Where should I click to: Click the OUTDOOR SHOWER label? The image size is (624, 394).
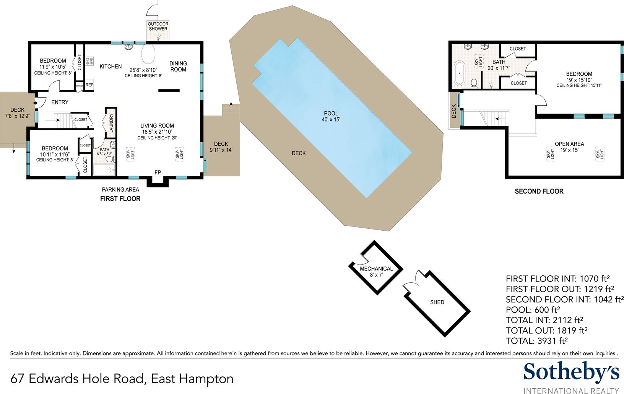(158, 26)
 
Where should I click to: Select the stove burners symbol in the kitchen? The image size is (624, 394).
(89, 61)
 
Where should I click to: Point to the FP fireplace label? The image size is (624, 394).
(158, 173)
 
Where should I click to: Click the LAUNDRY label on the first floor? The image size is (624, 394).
(111, 123)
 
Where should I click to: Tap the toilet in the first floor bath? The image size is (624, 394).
(110, 159)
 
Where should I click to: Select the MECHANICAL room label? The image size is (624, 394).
(376, 269)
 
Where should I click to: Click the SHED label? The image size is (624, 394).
(437, 302)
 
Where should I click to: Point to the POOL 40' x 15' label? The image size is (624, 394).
(331, 116)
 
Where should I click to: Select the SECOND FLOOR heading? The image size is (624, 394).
(539, 191)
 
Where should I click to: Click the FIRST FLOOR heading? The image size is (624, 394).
(120, 199)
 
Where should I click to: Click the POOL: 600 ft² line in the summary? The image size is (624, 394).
(533, 310)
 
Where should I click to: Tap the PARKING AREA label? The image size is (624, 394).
(120, 190)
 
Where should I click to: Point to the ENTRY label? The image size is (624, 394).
(60, 102)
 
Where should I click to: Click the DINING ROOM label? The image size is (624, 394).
(178, 66)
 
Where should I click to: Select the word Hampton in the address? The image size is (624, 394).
(206, 379)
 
